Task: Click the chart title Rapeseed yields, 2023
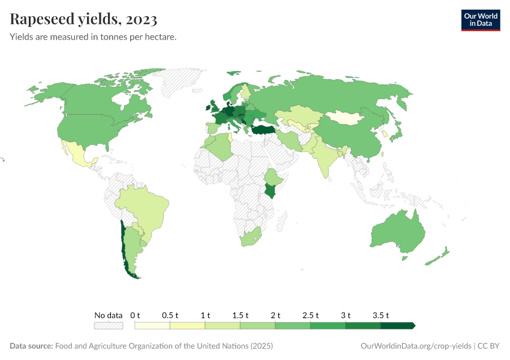click(x=83, y=19)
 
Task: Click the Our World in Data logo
click(x=480, y=19)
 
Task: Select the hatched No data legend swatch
click(x=108, y=325)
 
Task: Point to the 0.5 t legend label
click(x=170, y=315)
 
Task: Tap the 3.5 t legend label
click(x=380, y=315)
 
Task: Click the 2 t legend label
click(x=275, y=315)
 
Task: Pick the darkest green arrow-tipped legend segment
click(x=397, y=325)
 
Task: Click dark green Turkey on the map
click(x=264, y=130)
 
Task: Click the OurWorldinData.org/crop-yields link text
click(x=416, y=346)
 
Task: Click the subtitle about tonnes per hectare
click(x=92, y=37)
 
